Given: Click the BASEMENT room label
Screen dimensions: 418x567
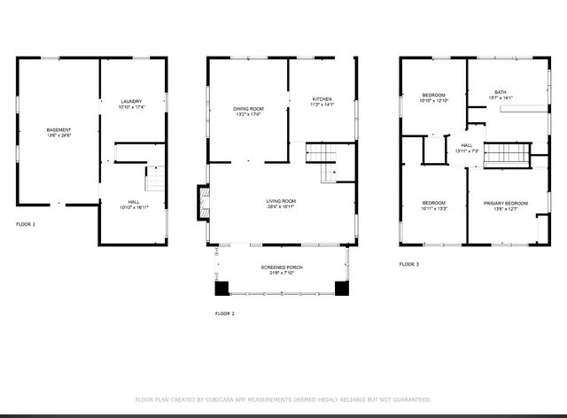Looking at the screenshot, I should point(58,130).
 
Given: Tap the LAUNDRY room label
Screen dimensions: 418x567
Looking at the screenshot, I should point(131,102).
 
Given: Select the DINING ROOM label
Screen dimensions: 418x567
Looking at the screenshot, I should point(249,109).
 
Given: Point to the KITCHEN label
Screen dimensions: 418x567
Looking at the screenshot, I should point(322,98).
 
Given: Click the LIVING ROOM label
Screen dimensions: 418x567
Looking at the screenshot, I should point(281,201).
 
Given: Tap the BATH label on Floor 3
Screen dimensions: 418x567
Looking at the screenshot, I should point(501,91).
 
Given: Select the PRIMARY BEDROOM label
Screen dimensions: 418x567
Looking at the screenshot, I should point(505,204).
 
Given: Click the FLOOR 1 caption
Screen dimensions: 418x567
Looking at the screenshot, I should point(26,224).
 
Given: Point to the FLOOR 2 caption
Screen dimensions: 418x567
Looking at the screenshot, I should point(225,313).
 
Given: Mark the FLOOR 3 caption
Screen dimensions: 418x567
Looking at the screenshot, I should point(408,264).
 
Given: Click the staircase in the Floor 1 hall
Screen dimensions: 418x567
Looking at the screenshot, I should point(155,180).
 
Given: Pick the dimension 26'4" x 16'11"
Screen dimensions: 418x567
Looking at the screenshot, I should point(281,208).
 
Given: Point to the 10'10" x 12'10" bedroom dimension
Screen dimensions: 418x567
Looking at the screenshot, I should point(433,101).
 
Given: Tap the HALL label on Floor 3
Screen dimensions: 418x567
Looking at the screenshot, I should point(467,145).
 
